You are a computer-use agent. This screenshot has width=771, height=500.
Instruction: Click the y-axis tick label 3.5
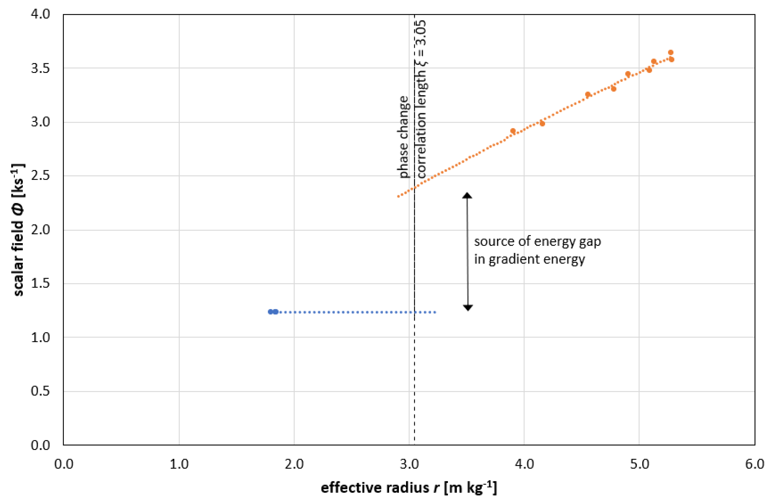40,68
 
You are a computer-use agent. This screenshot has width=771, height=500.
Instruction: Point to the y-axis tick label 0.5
40,391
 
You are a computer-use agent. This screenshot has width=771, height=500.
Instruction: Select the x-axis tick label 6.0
754,464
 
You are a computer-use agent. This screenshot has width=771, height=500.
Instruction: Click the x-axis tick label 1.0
179,464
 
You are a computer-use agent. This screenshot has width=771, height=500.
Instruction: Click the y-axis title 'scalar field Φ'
18,230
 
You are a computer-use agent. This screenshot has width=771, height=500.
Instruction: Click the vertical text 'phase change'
403,137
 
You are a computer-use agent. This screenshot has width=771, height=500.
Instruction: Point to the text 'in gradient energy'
529,259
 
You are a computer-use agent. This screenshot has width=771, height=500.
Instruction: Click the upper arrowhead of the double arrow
467,195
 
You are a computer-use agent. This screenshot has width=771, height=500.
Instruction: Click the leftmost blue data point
270,312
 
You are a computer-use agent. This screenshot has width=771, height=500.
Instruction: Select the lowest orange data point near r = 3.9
513,131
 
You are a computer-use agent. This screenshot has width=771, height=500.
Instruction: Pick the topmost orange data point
671,52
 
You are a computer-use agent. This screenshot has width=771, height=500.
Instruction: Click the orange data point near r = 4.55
588,95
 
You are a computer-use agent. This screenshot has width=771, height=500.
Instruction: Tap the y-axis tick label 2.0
40,230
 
